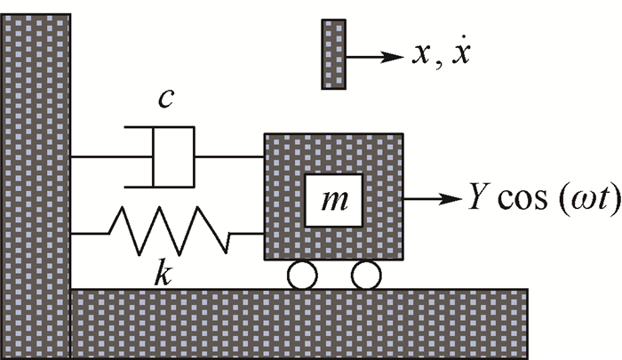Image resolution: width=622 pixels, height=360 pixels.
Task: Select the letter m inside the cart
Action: coord(334,199)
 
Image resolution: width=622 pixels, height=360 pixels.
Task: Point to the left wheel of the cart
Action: coord(302,276)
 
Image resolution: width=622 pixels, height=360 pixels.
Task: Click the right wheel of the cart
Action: coord(365,276)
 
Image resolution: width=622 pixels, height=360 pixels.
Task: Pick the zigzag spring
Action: coord(169,232)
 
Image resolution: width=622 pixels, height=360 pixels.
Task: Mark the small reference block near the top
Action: coord(333,55)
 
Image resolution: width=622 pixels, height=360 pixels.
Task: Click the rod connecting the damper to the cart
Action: coord(228,157)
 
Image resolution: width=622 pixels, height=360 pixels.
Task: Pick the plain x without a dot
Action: coord(421,57)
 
